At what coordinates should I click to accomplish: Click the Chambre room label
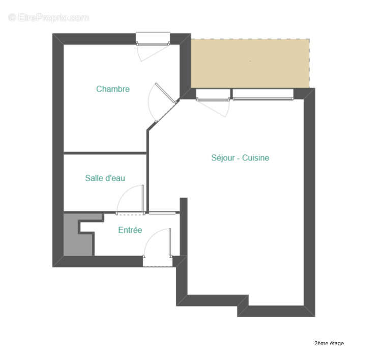[x=112, y=89]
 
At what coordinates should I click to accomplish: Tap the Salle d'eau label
[x=105, y=178]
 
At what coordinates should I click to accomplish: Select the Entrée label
[x=130, y=230]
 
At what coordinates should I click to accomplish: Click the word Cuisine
[x=255, y=158]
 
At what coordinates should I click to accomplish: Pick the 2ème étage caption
[x=329, y=343]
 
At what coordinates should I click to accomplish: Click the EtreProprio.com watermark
[x=49, y=17]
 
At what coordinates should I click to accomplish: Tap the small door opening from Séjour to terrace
[x=212, y=102]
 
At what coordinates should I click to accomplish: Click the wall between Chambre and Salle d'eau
[x=105, y=153]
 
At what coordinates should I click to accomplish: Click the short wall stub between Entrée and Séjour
[x=184, y=227]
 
